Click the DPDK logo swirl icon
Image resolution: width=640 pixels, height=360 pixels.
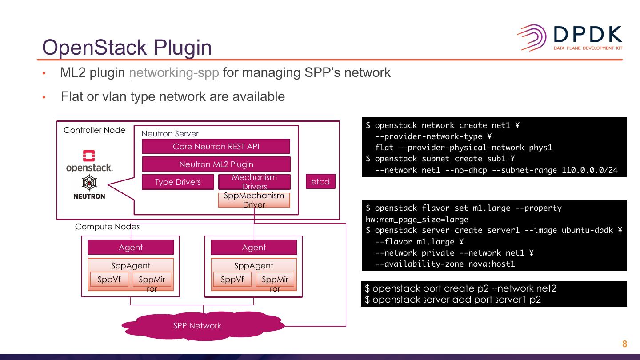click(x=532, y=38)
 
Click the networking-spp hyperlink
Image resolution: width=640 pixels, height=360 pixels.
click(x=174, y=72)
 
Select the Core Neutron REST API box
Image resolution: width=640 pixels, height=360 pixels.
click(x=216, y=146)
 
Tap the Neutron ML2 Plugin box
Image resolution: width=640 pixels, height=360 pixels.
click(x=216, y=164)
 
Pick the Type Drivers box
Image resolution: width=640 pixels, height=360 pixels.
click(x=178, y=182)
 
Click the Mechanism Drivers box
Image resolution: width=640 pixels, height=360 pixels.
click(x=254, y=182)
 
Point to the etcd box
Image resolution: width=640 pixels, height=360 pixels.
click(x=320, y=181)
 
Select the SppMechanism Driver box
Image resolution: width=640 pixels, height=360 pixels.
click(x=254, y=200)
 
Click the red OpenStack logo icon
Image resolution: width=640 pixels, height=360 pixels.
click(x=89, y=156)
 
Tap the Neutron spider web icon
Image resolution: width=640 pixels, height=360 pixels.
click(x=89, y=183)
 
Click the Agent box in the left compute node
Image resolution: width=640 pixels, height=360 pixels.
click(x=131, y=247)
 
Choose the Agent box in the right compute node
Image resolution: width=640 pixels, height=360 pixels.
click(x=254, y=247)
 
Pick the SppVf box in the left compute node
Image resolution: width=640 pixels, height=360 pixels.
click(x=109, y=279)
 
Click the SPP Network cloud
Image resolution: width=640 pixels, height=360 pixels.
click(x=203, y=326)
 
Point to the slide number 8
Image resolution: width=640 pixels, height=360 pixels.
click(x=624, y=344)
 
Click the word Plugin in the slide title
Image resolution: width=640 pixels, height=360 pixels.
click(x=183, y=48)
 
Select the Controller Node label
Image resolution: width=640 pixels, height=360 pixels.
click(x=94, y=130)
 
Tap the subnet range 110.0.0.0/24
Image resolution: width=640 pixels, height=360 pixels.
click(x=590, y=170)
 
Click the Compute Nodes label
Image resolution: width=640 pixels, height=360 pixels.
click(x=107, y=227)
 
